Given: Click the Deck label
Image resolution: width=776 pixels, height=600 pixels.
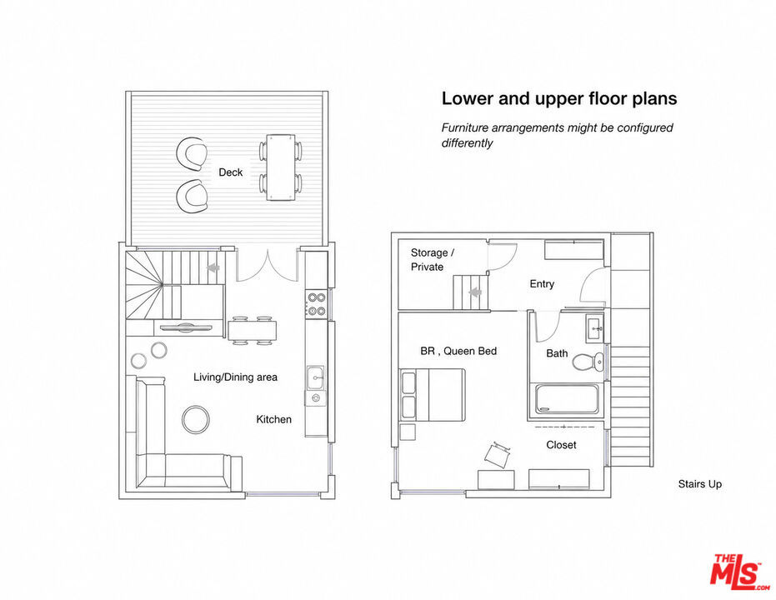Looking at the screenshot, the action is click(x=231, y=172).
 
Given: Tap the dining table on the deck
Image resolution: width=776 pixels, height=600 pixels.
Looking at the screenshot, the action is click(x=281, y=167).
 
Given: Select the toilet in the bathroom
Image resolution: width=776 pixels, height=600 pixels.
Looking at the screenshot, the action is click(x=588, y=362).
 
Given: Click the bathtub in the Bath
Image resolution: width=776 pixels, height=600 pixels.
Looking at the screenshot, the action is click(x=567, y=398).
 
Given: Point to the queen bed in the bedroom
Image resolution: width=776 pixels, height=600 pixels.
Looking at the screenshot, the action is click(x=432, y=395).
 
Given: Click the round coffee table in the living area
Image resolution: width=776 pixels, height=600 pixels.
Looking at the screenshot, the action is click(x=196, y=419).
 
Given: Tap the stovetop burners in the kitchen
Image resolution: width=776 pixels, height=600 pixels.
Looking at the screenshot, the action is click(x=316, y=303).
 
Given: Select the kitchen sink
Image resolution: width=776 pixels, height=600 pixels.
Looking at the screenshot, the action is click(x=315, y=377).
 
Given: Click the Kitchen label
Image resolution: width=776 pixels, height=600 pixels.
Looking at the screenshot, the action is click(x=273, y=419).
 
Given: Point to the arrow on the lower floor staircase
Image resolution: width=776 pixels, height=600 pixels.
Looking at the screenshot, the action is click(x=213, y=267).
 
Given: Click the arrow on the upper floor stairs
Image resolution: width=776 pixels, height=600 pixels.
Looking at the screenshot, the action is click(x=475, y=292).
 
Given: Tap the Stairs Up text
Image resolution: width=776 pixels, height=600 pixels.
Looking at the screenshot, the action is click(x=700, y=484).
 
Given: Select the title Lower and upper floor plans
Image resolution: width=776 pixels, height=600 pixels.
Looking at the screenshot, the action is click(x=559, y=98).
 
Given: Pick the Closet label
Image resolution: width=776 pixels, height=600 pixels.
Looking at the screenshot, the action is click(x=561, y=445).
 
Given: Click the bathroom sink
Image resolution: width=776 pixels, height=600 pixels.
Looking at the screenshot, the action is click(x=595, y=327).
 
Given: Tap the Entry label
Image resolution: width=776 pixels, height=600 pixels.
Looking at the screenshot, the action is click(x=542, y=284).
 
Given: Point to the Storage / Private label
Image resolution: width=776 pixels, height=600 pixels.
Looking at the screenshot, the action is click(x=433, y=260).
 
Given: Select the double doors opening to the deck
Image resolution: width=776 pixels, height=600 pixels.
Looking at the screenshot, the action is click(x=268, y=266).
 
